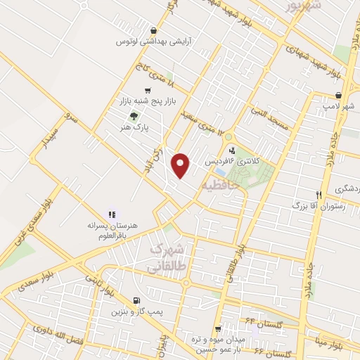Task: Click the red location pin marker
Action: [181, 165]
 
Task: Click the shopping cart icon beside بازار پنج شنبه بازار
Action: [147, 91]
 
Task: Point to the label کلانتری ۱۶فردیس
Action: [231, 161]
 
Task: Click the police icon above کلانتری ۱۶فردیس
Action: [232, 149]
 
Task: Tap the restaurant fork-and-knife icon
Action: [319, 195]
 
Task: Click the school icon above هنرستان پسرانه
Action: [111, 214]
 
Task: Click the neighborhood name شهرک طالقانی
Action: [167, 258]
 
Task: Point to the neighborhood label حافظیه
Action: [220, 186]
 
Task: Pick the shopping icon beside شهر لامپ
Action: [340, 95]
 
